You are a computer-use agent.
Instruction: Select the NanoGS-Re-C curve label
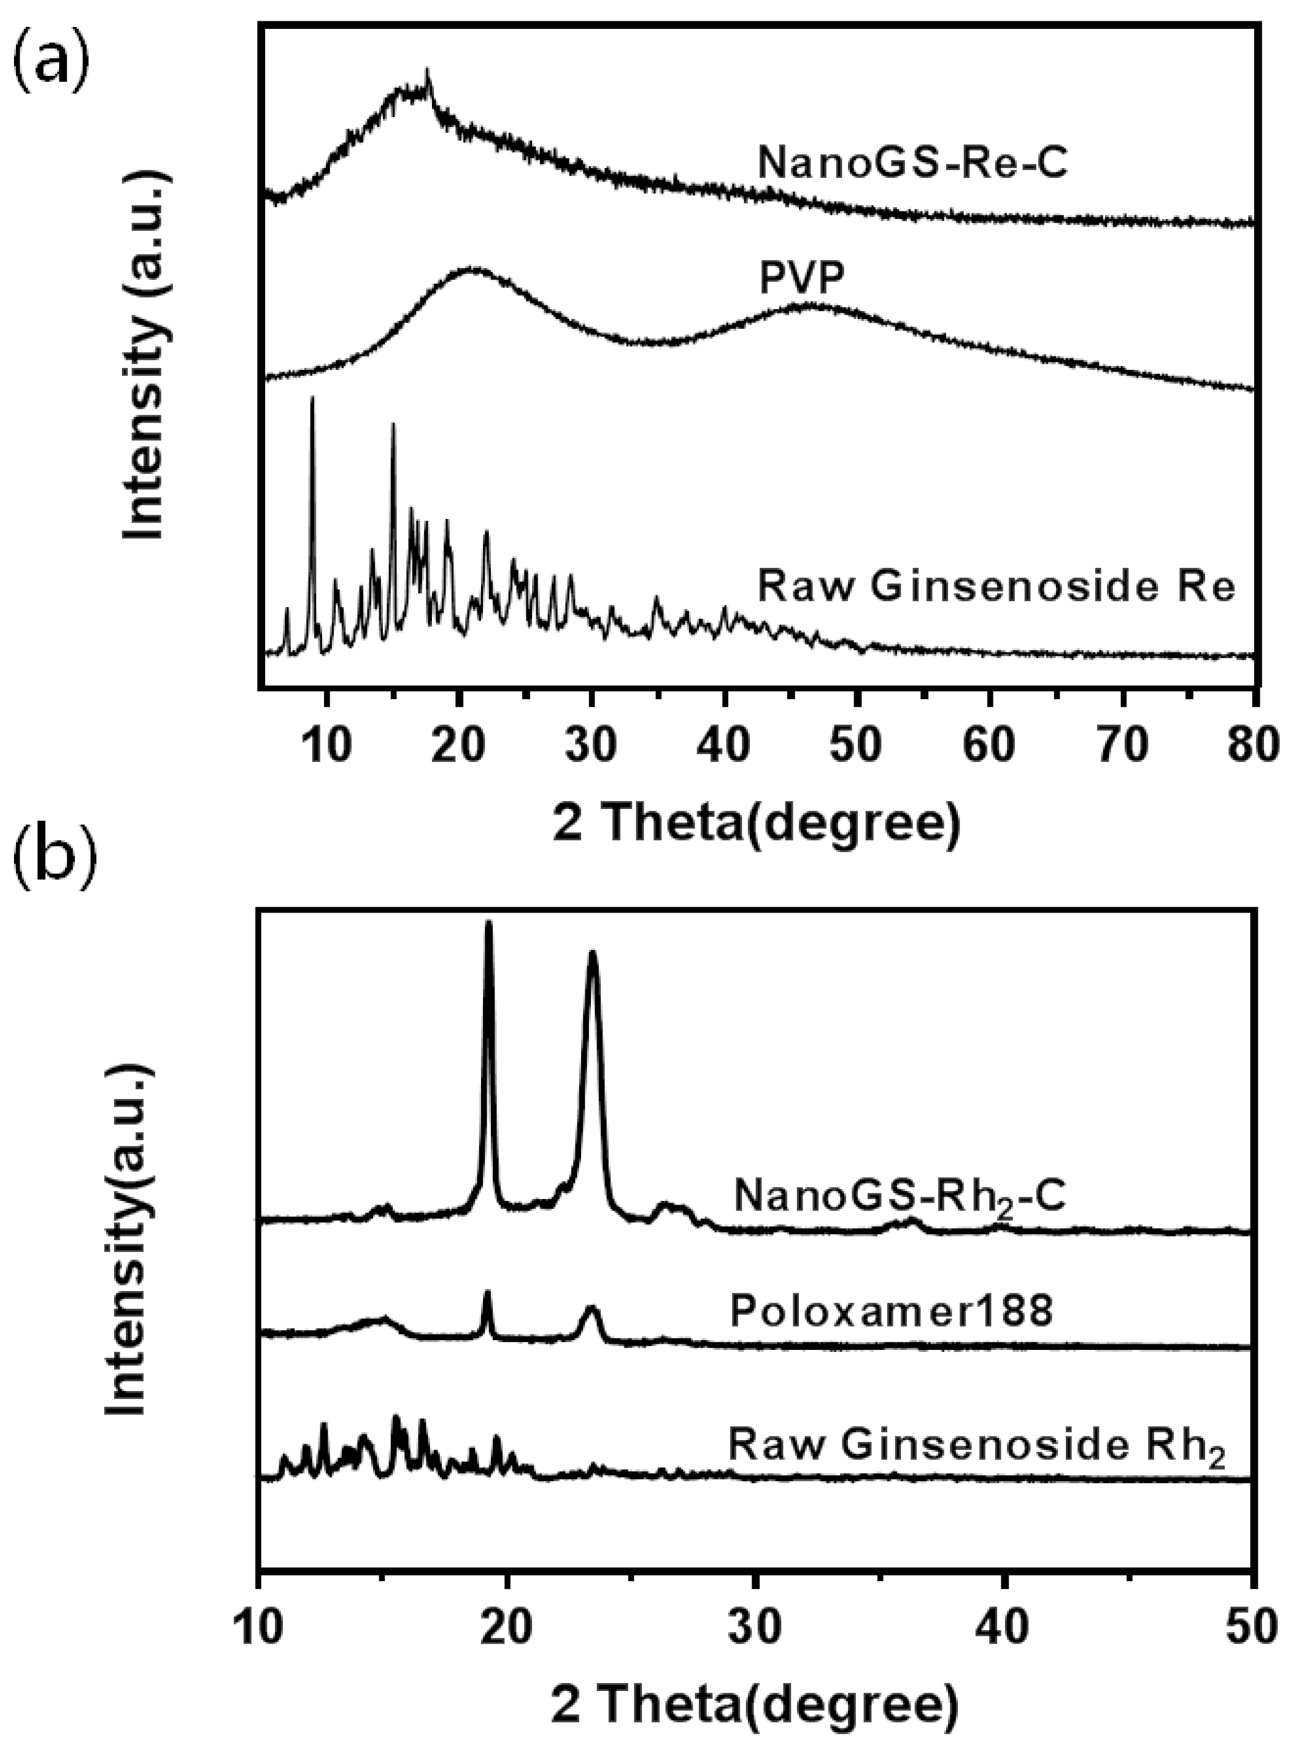[x=912, y=164]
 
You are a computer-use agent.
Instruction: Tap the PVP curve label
[x=802, y=278]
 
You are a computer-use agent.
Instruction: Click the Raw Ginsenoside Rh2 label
[x=977, y=1446]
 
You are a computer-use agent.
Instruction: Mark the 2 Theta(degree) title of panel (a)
[x=756, y=823]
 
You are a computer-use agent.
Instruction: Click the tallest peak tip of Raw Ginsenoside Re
[x=312, y=398]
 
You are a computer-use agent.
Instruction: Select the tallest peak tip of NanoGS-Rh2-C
[x=489, y=922]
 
